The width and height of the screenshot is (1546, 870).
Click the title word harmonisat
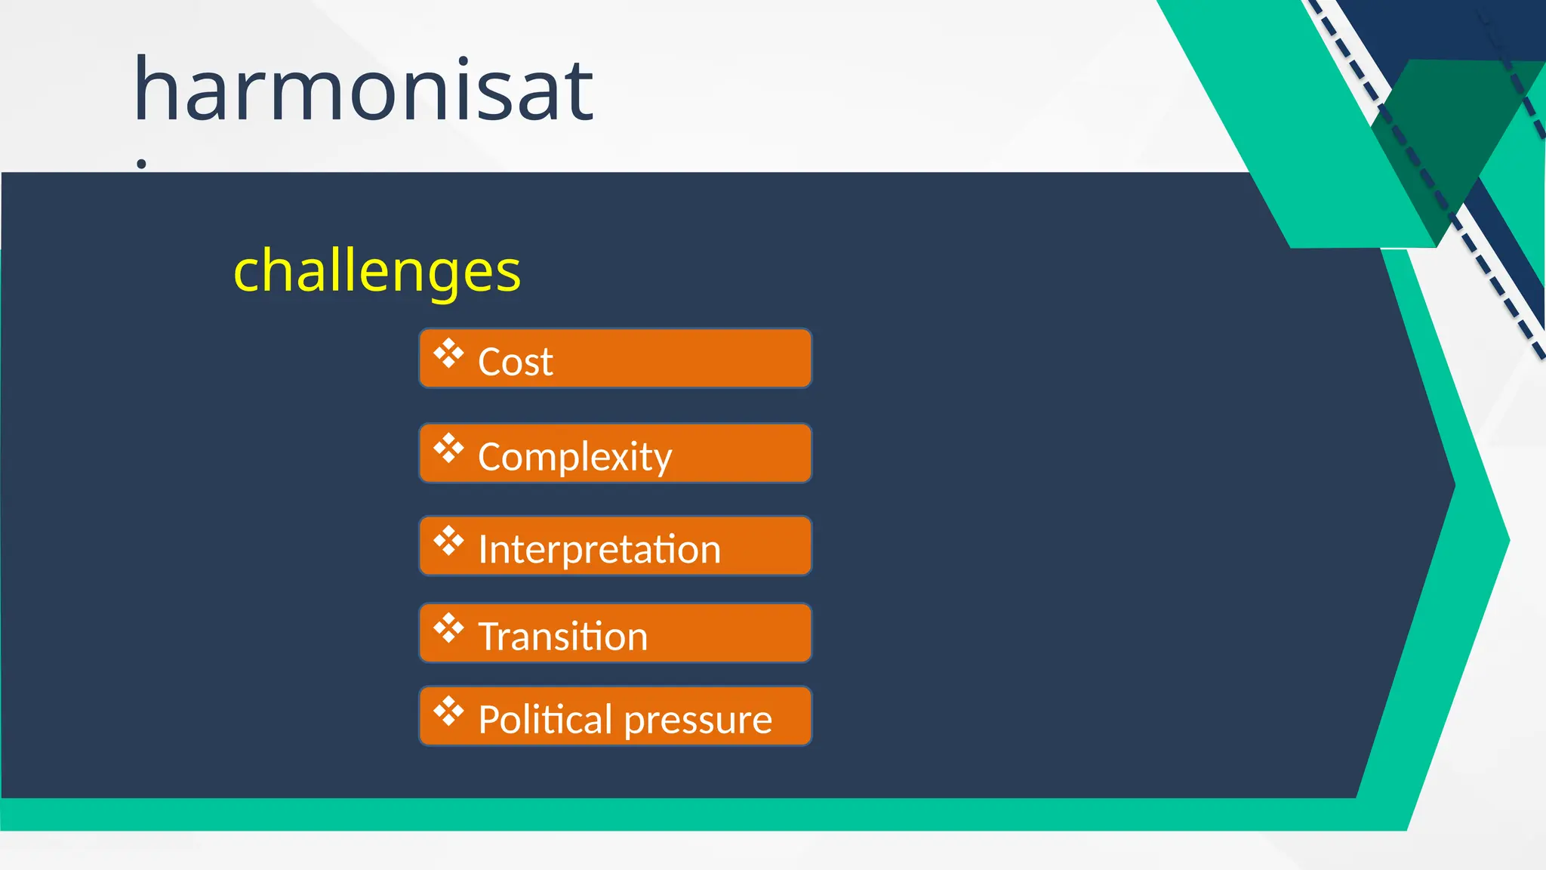pyautogui.click(x=363, y=91)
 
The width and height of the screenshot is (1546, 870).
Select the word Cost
pyautogui.click(x=515, y=362)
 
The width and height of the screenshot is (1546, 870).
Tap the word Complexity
pyautogui.click(x=574, y=457)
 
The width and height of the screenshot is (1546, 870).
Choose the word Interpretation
pyautogui.click(x=599, y=549)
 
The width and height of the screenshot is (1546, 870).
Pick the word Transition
pyautogui.click(x=562, y=636)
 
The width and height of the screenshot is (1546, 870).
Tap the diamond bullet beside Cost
pyautogui.click(x=448, y=353)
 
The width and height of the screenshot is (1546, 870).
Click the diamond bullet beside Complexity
pyautogui.click(x=448, y=448)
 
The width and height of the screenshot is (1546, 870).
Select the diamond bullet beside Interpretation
pyautogui.click(x=448, y=541)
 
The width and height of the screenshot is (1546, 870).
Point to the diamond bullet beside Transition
pyautogui.click(x=448, y=628)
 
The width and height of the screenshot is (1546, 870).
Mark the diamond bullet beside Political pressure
pyautogui.click(x=448, y=711)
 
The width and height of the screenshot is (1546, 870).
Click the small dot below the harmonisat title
pyautogui.click(x=141, y=164)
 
